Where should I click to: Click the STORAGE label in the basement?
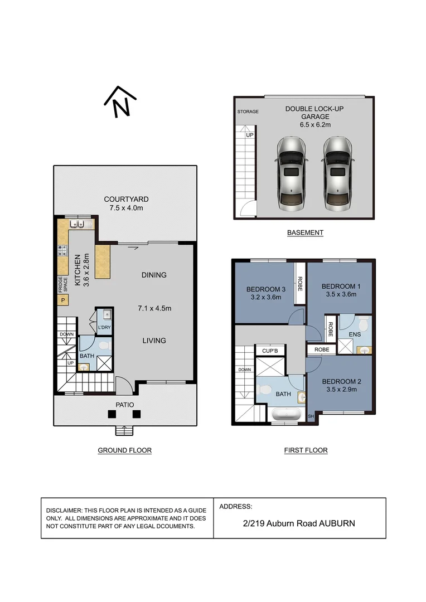tap(248, 111)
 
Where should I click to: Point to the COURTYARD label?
tap(126, 199)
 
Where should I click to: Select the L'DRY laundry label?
tap(104, 327)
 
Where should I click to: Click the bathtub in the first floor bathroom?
tap(286, 414)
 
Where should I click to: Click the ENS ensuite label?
tap(355, 334)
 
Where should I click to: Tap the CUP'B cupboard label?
tap(270, 351)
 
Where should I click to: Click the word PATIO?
tap(125, 405)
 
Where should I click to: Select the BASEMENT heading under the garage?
tap(305, 232)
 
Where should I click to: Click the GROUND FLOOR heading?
tap(124, 450)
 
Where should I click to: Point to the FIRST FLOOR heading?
tap(305, 450)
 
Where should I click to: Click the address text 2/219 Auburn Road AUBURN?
tap(299, 523)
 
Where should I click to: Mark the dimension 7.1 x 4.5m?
tap(154, 308)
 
